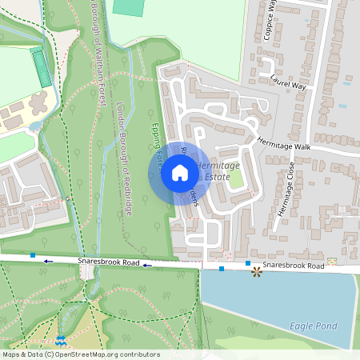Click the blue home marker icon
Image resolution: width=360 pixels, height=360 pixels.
(180, 173)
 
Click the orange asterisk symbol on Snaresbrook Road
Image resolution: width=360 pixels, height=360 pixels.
(256, 272)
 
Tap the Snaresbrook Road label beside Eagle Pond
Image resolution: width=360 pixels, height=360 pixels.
(293, 265)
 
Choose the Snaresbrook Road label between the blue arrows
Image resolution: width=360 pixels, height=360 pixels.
(109, 262)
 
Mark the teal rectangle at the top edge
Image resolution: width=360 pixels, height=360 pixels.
(126, 7)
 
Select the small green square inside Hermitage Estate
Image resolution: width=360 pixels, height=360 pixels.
(236, 178)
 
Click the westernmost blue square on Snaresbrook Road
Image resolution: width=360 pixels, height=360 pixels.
(33, 254)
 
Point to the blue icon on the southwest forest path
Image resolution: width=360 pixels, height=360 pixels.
(60, 342)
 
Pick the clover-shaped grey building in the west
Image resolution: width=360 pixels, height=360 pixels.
(38, 104)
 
